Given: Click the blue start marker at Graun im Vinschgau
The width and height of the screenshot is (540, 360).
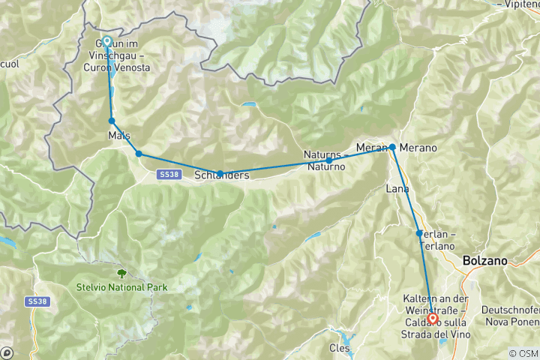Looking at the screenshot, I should [106, 42].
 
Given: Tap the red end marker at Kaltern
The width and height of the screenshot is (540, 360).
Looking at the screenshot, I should [433, 318].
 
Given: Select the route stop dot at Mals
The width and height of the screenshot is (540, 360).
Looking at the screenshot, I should [112, 121].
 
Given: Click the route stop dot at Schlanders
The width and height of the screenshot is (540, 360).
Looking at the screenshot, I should [220, 173].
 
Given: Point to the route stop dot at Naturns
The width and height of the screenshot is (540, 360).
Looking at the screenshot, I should [328, 160].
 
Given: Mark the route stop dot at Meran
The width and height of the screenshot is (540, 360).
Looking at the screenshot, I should [392, 147].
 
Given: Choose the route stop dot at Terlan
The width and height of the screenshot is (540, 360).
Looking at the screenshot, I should [419, 233].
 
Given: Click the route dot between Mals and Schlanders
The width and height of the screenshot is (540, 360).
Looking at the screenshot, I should [139, 154].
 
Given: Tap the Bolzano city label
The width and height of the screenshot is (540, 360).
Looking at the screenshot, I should [485, 261].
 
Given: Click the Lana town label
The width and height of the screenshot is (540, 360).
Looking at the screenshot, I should [397, 188].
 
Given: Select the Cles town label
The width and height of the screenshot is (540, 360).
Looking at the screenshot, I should [340, 348].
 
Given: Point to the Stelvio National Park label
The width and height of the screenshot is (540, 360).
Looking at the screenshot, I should [121, 287].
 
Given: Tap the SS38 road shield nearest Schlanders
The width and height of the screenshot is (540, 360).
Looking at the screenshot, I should [167, 174].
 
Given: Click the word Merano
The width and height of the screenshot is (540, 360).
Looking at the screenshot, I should [418, 148].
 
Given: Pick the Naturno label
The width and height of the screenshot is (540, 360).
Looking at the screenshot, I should [325, 166].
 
